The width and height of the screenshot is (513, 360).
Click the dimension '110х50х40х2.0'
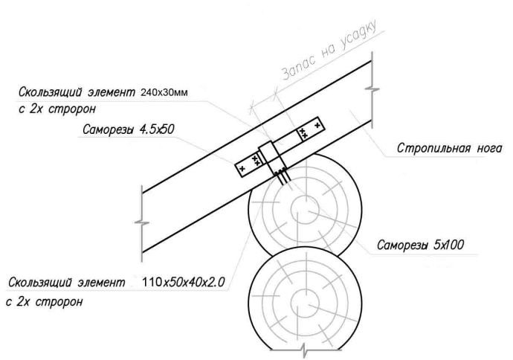183,283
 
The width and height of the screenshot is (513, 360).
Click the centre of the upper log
305,208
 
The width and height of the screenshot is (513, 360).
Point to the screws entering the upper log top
282,177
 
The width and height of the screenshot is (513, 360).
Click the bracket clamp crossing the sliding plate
271,155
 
